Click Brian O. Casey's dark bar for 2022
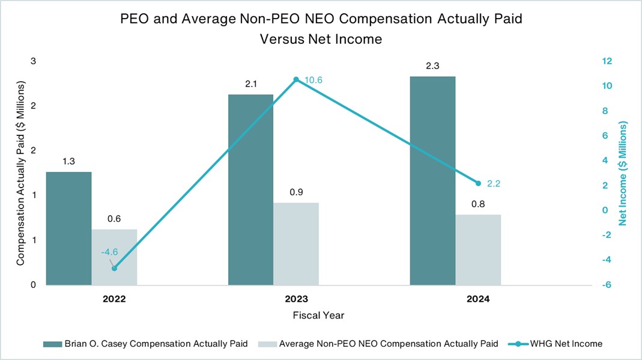pos(68,228)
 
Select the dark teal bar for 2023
pos(250,189)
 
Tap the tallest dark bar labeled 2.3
pos(432,180)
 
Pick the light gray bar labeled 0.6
pos(114,257)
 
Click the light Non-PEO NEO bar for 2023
pos(296,243)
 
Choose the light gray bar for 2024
pos(478,249)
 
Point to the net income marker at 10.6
pos(296,79)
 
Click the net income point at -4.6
pos(114,268)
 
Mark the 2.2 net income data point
pos(478,183)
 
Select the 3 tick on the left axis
pos(34,61)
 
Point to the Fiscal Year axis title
pos(318,315)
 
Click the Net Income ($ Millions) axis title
pos(623,173)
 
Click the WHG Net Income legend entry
pos(559,344)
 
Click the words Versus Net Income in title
pos(321,39)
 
